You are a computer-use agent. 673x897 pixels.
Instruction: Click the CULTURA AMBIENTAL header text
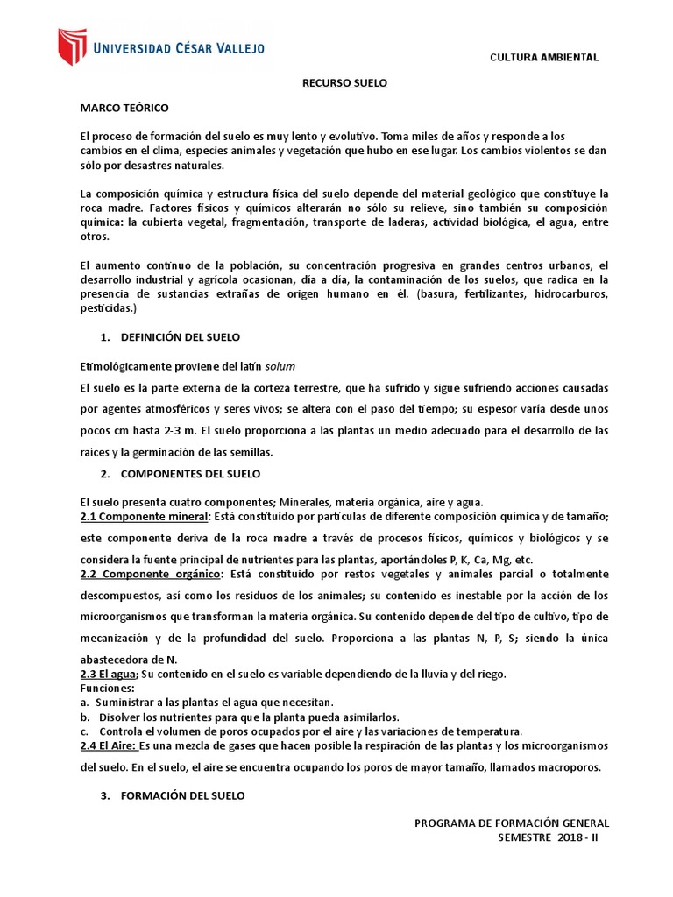coord(544,57)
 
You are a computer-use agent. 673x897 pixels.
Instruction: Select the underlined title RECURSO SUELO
coord(344,82)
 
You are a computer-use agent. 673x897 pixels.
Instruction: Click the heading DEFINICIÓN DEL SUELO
coord(180,337)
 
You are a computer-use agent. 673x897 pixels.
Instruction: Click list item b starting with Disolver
coord(247,717)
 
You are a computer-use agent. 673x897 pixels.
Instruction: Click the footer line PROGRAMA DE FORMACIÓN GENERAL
coord(511,823)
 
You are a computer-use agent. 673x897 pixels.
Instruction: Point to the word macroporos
coord(567,767)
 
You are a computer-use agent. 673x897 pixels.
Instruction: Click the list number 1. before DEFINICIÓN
coord(105,337)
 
